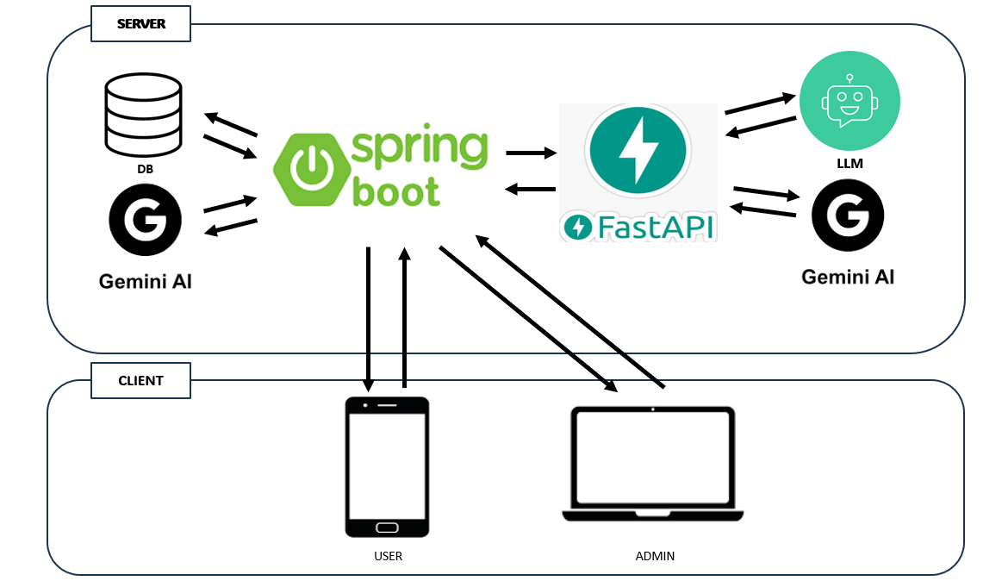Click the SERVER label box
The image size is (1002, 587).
click(140, 24)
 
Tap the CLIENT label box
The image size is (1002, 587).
click(140, 380)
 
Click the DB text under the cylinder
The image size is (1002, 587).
click(145, 170)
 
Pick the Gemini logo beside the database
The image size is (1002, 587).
click(144, 222)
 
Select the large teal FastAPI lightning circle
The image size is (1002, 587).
click(638, 148)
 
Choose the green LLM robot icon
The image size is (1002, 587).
click(850, 101)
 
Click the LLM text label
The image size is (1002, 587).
click(850, 163)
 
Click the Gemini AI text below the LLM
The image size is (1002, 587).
click(848, 277)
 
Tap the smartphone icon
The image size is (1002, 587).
click(387, 466)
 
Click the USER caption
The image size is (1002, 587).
click(388, 556)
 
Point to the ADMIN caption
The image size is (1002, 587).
click(655, 556)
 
